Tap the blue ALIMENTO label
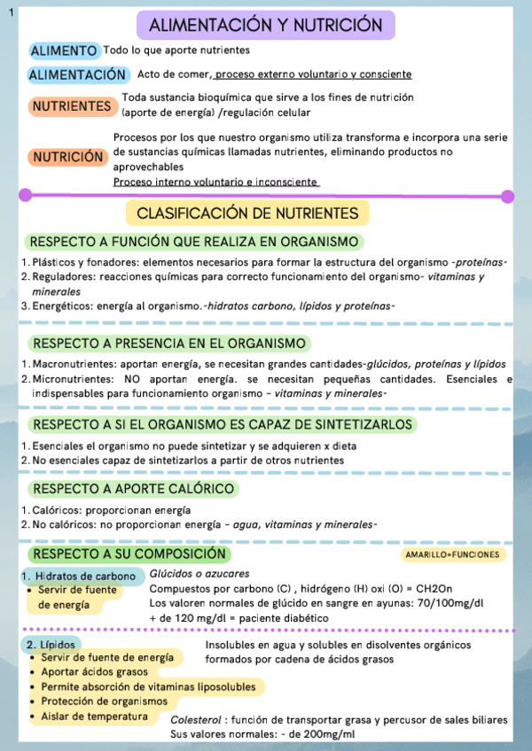pos(64,51)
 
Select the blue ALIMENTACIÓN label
pos(77,75)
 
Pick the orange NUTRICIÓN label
pos(67,157)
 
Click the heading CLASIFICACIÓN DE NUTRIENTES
pos(247,213)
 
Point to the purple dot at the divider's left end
pos(25,195)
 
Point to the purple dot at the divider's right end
pos(507,196)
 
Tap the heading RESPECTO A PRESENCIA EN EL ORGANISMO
pos(168,344)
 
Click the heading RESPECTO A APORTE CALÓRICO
pos(132,489)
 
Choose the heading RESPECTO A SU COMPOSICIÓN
pos(129,554)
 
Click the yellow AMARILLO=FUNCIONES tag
pos(452,555)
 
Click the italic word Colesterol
pos(195,719)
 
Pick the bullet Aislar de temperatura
pos(95,716)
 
